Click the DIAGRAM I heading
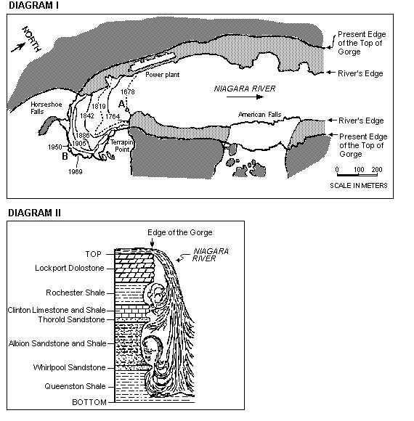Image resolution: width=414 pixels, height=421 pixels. (33, 5)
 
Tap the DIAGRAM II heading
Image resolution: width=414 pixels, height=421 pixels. (35, 213)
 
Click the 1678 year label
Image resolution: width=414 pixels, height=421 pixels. (128, 92)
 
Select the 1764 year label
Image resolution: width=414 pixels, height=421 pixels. (113, 116)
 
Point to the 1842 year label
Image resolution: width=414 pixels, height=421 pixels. (87, 115)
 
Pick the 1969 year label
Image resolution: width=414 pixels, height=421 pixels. (76, 171)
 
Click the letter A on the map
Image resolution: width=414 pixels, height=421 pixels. (122, 104)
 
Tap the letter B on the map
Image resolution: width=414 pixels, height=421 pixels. (65, 156)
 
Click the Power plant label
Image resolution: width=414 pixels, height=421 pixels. (162, 75)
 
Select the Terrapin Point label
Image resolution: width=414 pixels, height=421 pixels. (122, 146)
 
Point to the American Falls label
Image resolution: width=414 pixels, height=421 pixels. (259, 115)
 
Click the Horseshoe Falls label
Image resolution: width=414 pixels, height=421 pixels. (46, 108)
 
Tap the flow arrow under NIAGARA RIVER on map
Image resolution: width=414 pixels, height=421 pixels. (245, 97)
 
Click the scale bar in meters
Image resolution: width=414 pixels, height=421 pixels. (357, 175)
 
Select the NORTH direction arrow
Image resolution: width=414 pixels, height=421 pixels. (18, 47)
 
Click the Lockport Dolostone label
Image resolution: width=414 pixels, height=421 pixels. (70, 268)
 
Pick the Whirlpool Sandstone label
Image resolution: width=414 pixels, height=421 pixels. (69, 367)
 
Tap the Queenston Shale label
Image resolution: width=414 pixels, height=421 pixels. (75, 386)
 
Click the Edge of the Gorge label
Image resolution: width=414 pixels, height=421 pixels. (180, 232)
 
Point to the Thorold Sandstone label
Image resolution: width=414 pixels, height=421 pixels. (71, 319)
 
